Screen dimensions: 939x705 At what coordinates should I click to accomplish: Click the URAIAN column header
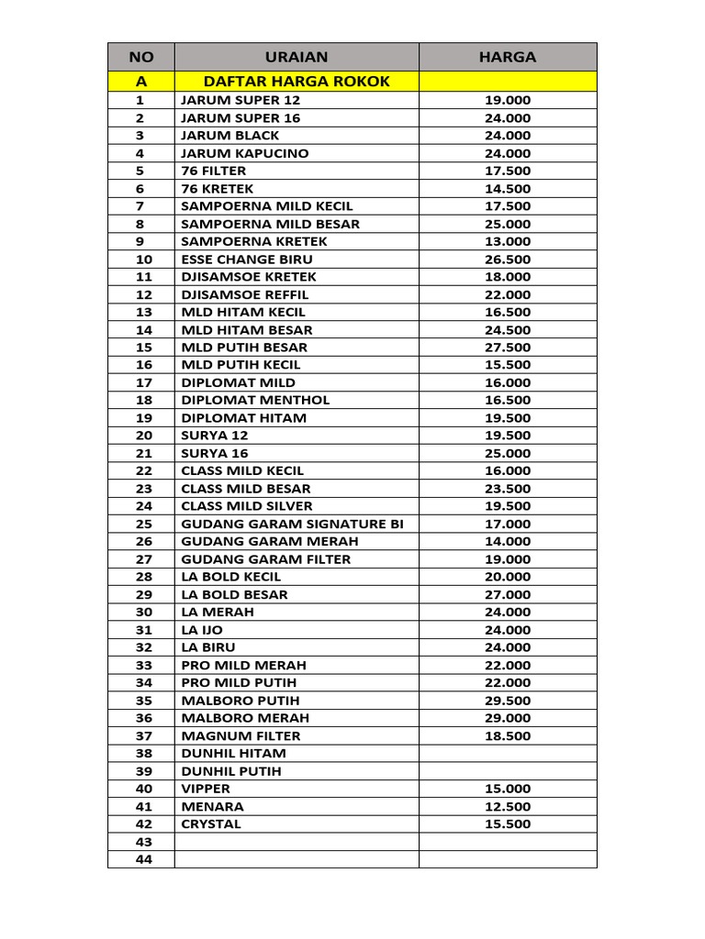coord(296,57)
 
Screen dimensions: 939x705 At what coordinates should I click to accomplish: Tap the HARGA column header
coord(507,57)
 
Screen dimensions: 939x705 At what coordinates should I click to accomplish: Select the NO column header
coord(140,57)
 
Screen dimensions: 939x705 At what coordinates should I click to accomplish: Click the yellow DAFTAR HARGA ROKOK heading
coord(297,82)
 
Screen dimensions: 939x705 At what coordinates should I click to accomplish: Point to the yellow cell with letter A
coord(140,82)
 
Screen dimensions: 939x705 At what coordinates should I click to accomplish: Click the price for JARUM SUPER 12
coord(508,100)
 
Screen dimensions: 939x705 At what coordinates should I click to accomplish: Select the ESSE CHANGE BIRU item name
coord(247,260)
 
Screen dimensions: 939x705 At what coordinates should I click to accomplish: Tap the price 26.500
coord(508,260)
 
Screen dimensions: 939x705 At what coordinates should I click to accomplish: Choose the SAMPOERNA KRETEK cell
coord(254,241)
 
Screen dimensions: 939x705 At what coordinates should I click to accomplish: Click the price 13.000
coord(508,241)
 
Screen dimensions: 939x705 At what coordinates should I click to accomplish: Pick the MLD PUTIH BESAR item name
coord(244,348)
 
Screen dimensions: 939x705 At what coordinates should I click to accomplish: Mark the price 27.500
coord(508,348)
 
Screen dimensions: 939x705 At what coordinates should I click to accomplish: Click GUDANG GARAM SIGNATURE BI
coord(292,524)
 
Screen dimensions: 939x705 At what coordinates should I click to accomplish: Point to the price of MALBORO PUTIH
coord(508,701)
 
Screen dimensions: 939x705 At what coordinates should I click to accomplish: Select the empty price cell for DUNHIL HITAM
coord(508,754)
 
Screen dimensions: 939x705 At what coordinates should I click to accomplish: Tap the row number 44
coord(140,859)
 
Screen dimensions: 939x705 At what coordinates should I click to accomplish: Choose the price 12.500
coord(508,807)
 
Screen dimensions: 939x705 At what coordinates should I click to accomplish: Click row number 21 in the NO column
coord(140,453)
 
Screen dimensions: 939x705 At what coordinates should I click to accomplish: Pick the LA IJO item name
coord(202,630)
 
